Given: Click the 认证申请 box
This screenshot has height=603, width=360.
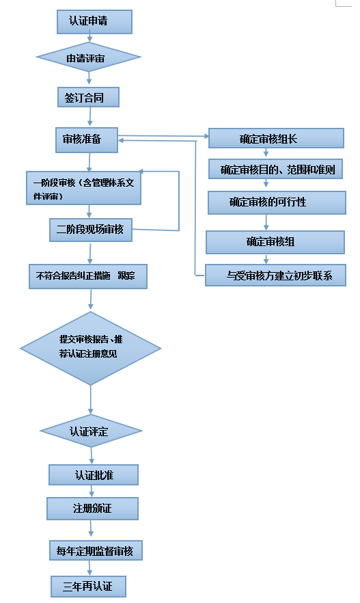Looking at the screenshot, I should tap(94, 22).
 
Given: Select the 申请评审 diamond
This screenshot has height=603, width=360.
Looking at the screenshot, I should tap(88, 58).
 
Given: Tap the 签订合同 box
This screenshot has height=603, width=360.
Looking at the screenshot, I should tap(87, 97).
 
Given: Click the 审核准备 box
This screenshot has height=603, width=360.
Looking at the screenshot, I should tap(86, 139).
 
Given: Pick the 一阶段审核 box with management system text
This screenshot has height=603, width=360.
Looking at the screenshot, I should tap(83, 188).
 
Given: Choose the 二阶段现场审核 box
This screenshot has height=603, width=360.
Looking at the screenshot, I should tap(90, 230).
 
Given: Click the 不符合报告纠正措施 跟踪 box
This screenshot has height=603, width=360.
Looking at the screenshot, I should tap(87, 276).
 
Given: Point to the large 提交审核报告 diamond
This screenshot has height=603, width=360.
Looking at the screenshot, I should tap(90, 349).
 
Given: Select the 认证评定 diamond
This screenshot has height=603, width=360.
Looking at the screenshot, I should tap(91, 431).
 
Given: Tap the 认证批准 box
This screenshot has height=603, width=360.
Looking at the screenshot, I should tap(94, 474).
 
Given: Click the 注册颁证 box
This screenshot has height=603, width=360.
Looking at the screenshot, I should tap(92, 508).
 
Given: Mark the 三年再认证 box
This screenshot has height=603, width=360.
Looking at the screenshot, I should tap(88, 586).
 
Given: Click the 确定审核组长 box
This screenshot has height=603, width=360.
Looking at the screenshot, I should tap(275, 138).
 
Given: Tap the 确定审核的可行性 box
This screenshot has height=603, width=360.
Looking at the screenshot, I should tap(276, 202).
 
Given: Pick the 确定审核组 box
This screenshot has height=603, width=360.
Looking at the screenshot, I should tap(275, 241).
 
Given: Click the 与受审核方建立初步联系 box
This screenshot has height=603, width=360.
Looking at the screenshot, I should tap(276, 276).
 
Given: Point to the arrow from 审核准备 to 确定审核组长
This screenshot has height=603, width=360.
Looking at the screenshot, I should tap(164, 135).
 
